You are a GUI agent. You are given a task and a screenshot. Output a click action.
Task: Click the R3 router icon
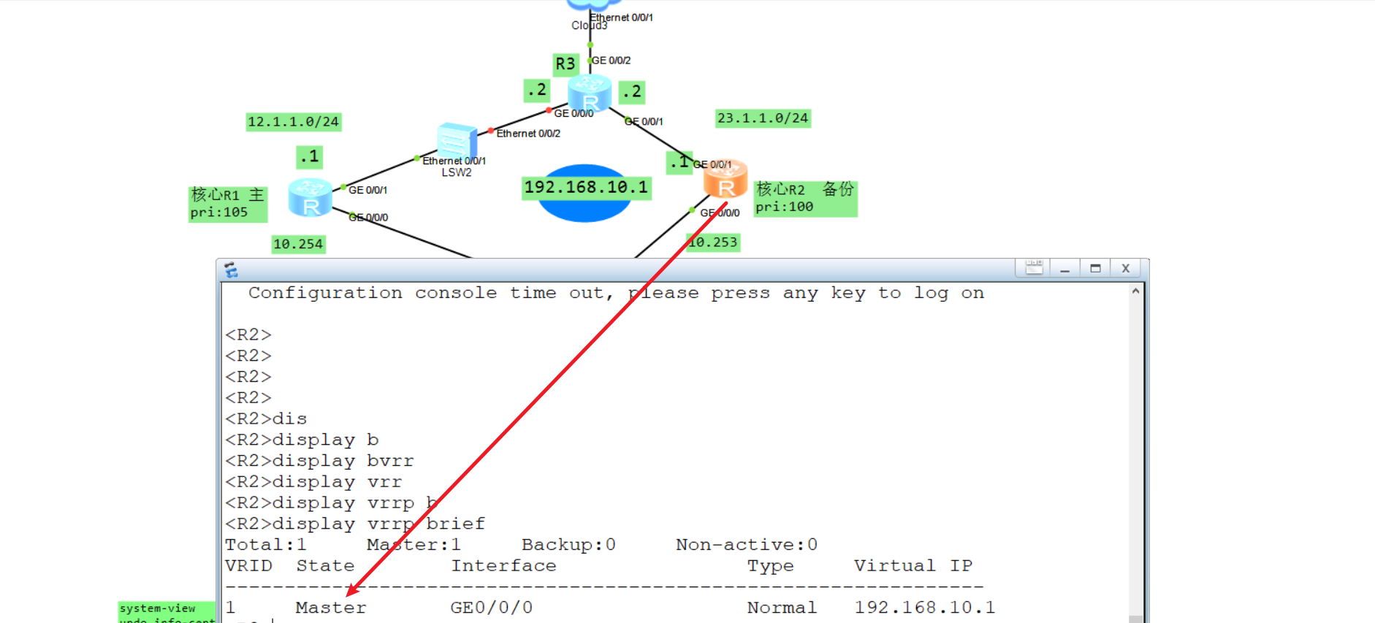point(589,93)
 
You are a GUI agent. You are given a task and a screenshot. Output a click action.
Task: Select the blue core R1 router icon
point(310,197)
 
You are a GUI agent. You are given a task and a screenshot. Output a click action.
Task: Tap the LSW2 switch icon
point(457,142)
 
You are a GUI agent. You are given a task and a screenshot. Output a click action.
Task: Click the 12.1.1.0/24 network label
point(293,122)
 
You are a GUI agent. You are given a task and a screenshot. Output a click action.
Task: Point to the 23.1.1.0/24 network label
point(762,118)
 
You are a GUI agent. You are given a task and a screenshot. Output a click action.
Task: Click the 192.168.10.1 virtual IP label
point(585,188)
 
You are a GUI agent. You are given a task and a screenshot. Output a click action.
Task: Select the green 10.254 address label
point(297,244)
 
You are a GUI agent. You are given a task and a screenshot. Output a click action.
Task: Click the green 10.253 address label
point(713,242)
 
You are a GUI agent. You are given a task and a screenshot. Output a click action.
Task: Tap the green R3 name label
point(565,64)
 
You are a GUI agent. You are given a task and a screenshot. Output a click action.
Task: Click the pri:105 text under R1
point(218,213)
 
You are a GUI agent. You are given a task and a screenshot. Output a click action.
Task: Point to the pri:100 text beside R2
point(784,207)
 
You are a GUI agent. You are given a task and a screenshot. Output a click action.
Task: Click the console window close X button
point(1125,269)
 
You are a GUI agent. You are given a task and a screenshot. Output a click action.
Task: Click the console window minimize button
point(1064,269)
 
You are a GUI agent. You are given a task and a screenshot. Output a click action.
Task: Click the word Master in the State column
point(330,608)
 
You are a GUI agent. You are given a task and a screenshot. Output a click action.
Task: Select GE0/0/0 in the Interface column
point(491,608)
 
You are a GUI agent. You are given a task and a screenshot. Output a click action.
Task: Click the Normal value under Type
point(781,608)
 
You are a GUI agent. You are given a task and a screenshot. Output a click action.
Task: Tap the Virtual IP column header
point(913,566)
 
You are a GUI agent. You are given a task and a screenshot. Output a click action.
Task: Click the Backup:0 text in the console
point(568,545)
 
